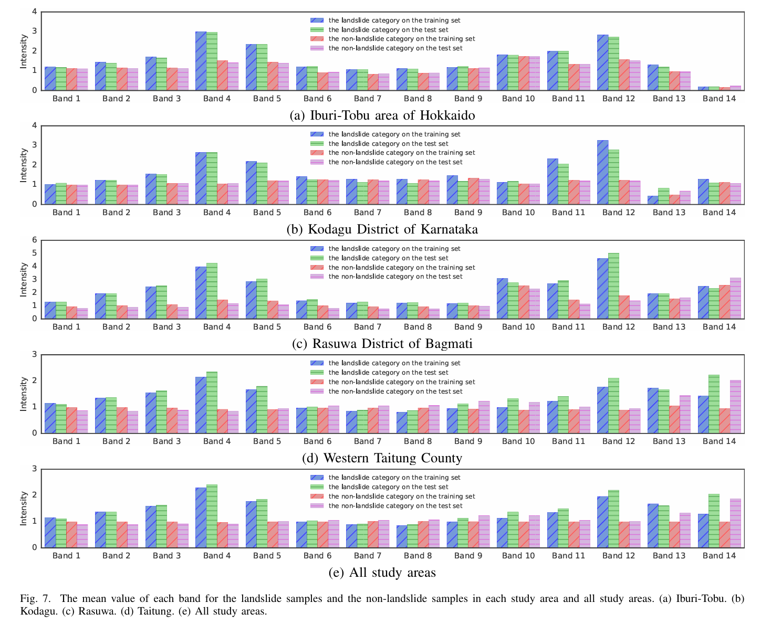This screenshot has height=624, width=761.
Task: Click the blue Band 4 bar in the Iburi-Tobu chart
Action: [x=201, y=61]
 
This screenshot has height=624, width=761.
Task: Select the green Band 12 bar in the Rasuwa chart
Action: [x=613, y=286]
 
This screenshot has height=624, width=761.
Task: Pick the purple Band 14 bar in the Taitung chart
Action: [x=735, y=407]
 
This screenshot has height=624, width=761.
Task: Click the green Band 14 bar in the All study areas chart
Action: [x=714, y=521]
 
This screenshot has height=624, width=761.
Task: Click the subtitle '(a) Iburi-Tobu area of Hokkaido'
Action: [x=382, y=115]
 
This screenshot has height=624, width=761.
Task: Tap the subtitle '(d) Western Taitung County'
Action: [x=382, y=458]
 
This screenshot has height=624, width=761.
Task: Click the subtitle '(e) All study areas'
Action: [x=382, y=573]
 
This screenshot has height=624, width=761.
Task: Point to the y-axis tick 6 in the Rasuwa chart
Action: [x=35, y=240]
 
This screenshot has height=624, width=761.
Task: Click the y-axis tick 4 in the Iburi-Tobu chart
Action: [x=35, y=12]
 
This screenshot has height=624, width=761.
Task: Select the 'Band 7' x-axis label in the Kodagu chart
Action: [x=368, y=213]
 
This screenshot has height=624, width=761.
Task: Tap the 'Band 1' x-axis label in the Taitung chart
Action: [x=66, y=441]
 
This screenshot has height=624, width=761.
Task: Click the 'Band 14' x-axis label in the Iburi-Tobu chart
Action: [x=720, y=99]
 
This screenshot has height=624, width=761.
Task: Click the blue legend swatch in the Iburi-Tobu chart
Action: [x=317, y=20]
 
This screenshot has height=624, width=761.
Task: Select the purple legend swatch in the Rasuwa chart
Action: [x=317, y=277]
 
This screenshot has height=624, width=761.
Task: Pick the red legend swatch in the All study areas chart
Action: [x=317, y=496]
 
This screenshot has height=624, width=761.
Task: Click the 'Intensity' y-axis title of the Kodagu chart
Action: [x=24, y=165]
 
